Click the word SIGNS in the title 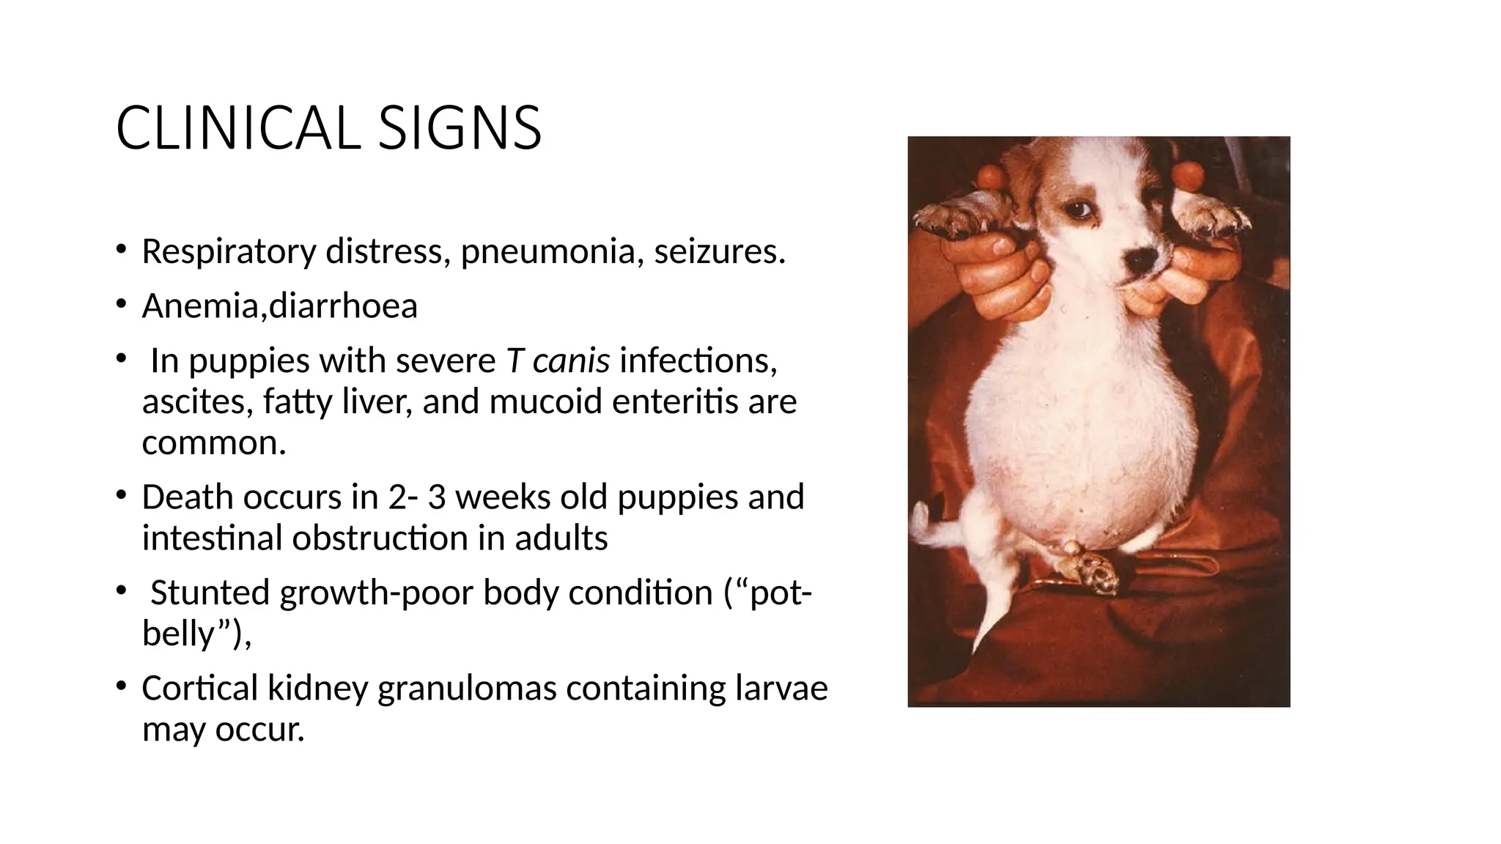460,129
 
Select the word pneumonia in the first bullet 552,252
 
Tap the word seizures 720,252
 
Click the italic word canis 571,360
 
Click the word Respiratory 228,252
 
